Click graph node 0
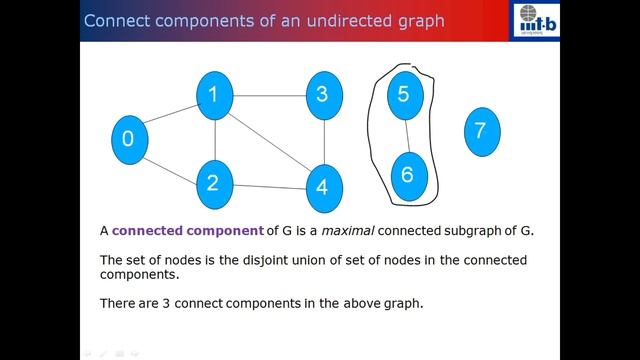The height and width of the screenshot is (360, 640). [x=128, y=139]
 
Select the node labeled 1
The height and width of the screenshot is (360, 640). [x=213, y=96]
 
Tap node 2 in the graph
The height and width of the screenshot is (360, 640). [x=212, y=182]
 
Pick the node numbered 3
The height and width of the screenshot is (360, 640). [x=321, y=96]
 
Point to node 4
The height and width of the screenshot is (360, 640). [x=321, y=187]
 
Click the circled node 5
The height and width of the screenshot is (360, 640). [x=405, y=94]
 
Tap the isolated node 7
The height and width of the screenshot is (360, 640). [x=480, y=131]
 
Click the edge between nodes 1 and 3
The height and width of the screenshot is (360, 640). [x=267, y=96]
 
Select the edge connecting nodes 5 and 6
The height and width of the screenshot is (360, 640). [x=406, y=135]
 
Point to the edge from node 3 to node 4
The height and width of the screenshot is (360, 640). [x=321, y=141]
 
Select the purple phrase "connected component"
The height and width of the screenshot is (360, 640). [x=187, y=231]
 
